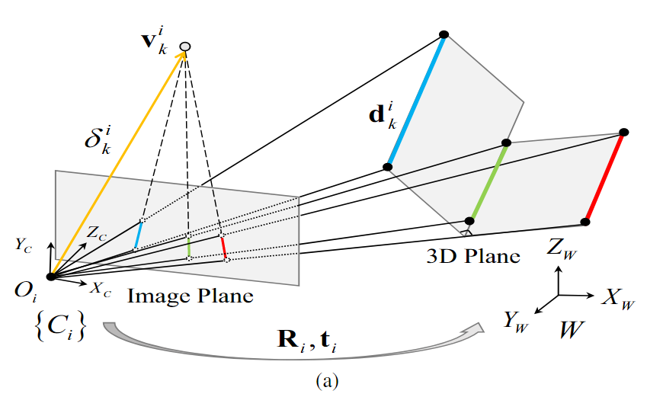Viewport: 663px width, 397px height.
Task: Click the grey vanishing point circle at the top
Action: [x=184, y=47]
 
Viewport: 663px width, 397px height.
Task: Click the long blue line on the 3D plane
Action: [x=416, y=101]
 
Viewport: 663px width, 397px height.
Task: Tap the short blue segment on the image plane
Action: [x=138, y=235]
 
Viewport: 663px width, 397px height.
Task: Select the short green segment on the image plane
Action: [x=188, y=245]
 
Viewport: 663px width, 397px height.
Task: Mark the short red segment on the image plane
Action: [x=223, y=247]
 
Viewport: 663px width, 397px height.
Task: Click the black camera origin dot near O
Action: [x=50, y=277]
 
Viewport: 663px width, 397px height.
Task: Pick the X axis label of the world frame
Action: [x=617, y=298]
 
